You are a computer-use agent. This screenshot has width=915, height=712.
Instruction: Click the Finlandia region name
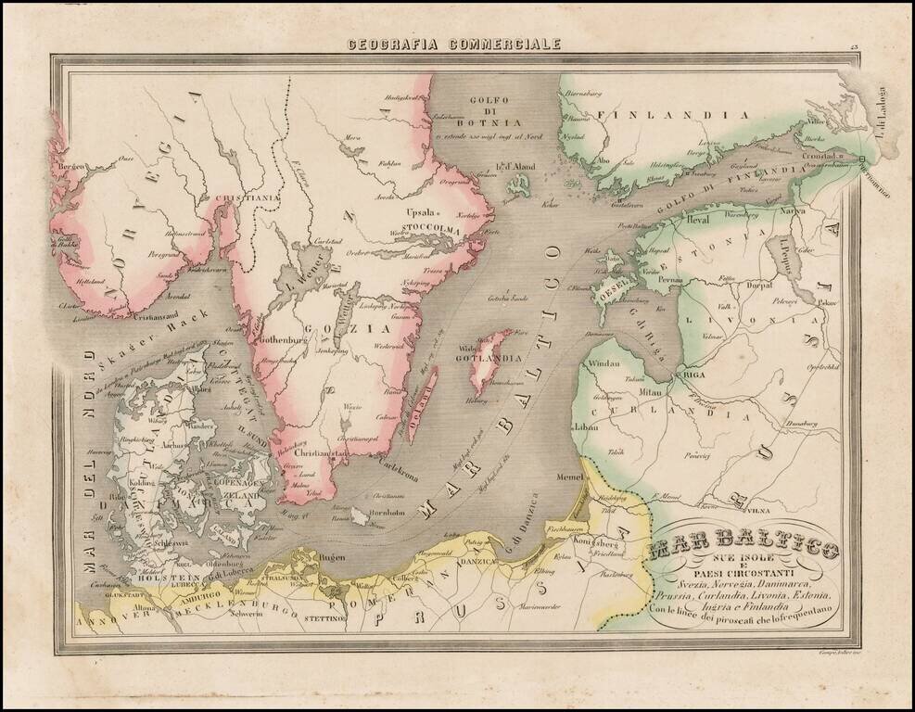(647, 115)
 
